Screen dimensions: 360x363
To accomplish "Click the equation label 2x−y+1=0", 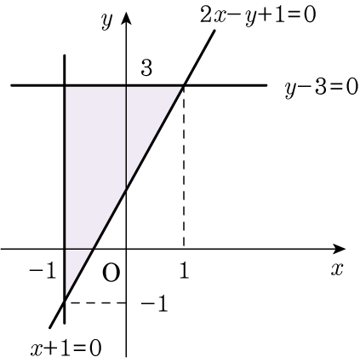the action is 258,15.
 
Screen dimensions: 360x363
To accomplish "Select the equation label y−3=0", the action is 322,89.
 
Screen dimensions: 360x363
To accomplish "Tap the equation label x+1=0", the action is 66,349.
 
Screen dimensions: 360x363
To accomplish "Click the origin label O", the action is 111,274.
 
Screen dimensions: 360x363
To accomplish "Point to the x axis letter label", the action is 337,268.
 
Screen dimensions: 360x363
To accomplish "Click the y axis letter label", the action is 107,21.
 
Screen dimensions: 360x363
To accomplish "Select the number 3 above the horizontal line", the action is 146,68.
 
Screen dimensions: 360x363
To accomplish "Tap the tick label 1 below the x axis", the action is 185,271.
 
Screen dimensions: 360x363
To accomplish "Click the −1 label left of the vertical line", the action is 42,271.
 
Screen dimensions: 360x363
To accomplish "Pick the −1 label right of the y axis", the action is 154,303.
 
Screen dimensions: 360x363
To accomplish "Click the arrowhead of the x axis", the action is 339,249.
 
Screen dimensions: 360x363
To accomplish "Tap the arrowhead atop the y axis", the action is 126,18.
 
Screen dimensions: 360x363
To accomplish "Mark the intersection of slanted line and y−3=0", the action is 185,85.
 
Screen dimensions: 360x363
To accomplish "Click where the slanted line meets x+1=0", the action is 65,302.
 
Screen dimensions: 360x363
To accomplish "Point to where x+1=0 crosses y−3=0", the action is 65,85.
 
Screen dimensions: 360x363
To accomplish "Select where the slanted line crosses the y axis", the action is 126,190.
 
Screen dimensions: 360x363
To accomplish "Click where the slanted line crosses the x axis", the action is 93,249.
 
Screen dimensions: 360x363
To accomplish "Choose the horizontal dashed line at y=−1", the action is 96,302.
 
